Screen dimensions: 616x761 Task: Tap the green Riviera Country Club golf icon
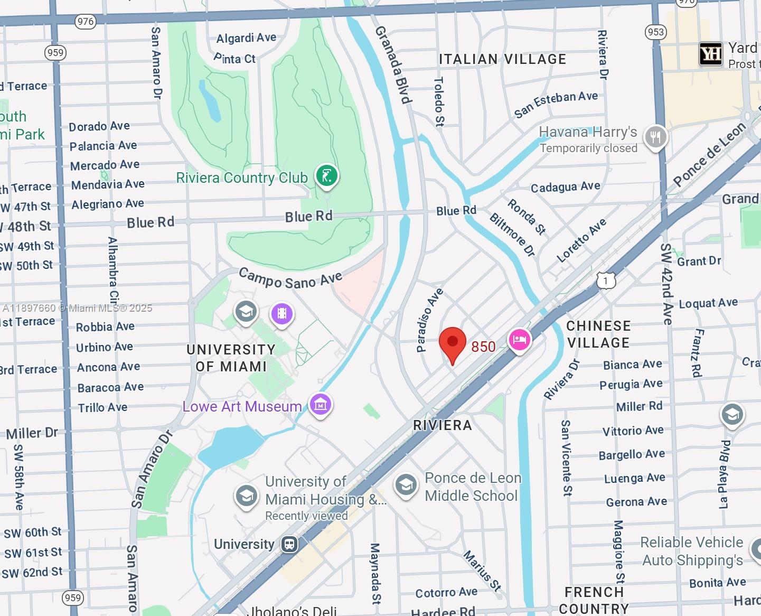327,176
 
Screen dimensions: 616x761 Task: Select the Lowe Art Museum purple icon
321,405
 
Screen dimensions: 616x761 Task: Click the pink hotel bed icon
519,340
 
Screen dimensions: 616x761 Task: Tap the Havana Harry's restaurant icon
655,137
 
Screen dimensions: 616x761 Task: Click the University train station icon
289,544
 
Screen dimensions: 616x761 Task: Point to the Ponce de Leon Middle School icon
406,485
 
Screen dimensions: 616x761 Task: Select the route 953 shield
655,32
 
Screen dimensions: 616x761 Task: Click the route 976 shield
85,22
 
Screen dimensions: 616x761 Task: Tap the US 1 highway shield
606,281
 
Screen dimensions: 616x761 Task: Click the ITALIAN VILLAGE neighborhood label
502,59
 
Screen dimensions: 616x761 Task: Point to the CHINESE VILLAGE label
598,334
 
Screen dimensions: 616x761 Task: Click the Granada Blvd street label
393,64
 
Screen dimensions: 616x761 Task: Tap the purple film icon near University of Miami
282,314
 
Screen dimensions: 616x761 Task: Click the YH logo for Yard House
710,53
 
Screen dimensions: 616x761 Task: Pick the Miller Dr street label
32,433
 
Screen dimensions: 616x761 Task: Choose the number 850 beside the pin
483,347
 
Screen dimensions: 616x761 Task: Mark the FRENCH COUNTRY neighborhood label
594,600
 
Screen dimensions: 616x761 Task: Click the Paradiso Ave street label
429,320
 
